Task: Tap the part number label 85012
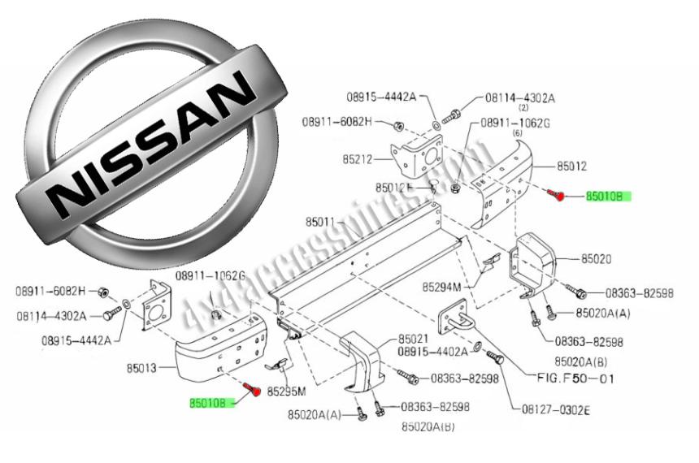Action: (571, 166)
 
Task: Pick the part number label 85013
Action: (141, 368)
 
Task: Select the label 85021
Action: (413, 339)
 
